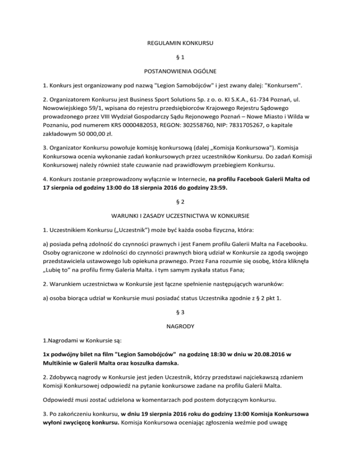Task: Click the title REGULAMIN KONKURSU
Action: pyautogui.click(x=180, y=43)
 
